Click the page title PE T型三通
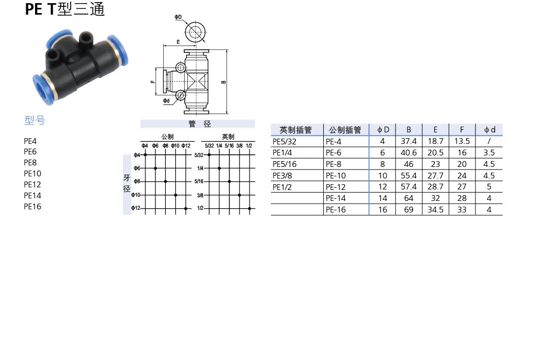pyautogui.click(x=65, y=9)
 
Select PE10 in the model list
pyautogui.click(x=32, y=173)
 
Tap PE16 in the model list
pyautogui.click(x=32, y=206)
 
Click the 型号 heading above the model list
pyautogui.click(x=35, y=121)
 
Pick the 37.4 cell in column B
pyautogui.click(x=409, y=141)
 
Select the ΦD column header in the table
pyautogui.click(x=382, y=130)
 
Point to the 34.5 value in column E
pyautogui.click(x=435, y=209)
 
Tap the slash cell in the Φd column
pyautogui.click(x=489, y=141)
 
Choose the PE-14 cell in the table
pyautogui.click(x=335, y=198)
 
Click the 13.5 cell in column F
pyautogui.click(x=462, y=141)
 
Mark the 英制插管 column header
pyautogui.click(x=296, y=130)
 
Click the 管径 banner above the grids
pyautogui.click(x=198, y=124)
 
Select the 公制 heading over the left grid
pyautogui.click(x=167, y=137)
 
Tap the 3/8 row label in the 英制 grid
pyautogui.click(x=200, y=195)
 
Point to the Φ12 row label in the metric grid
pyautogui.click(x=135, y=208)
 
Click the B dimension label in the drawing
pyautogui.click(x=224, y=82)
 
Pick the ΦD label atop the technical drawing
pyautogui.click(x=178, y=17)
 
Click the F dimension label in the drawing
pyautogui.click(x=152, y=82)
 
